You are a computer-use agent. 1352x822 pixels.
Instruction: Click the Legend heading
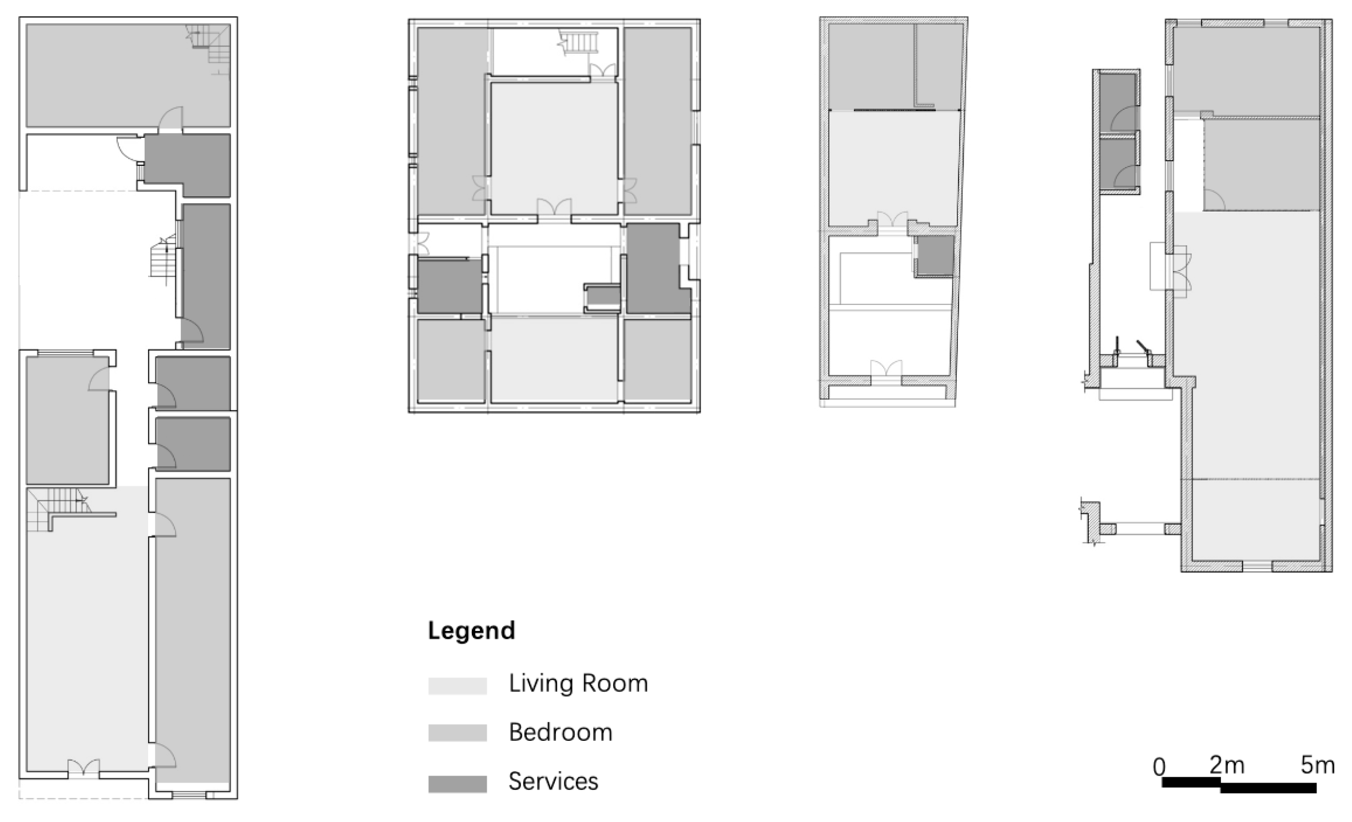(x=471, y=630)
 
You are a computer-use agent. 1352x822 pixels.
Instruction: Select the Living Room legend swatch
(x=458, y=685)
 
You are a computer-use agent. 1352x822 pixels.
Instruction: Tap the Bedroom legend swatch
(x=458, y=733)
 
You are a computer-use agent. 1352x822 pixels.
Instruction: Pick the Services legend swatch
(x=458, y=784)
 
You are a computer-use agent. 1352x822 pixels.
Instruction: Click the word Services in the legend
(x=553, y=781)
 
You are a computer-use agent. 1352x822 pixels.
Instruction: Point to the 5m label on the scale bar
(x=1317, y=765)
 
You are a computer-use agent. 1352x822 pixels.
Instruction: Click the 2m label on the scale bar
(x=1227, y=765)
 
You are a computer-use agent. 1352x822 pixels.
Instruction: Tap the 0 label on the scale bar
(x=1159, y=767)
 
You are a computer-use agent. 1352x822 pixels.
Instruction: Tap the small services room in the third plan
(x=935, y=256)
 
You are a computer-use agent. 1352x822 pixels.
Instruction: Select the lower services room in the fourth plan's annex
(x=1117, y=165)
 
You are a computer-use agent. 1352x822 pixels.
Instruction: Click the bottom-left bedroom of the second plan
(x=451, y=360)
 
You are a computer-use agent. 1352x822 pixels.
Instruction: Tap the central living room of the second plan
(x=553, y=148)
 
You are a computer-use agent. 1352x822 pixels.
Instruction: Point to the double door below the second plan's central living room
(x=554, y=207)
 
